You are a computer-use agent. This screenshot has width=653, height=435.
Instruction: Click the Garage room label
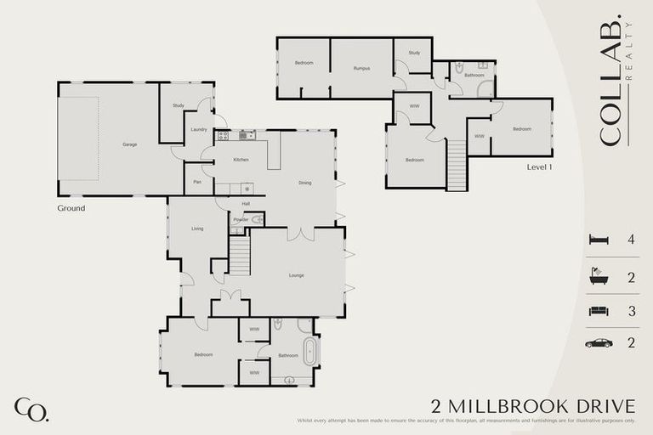click(129, 144)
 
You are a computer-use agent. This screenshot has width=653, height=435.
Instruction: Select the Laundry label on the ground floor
click(199, 129)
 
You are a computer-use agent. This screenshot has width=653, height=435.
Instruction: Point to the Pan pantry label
click(197, 181)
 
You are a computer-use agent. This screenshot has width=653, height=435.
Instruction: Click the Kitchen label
click(241, 160)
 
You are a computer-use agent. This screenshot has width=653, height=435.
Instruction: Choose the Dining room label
click(304, 183)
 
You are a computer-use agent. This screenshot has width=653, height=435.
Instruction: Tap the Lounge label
click(296, 275)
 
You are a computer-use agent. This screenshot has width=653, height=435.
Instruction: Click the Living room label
click(197, 229)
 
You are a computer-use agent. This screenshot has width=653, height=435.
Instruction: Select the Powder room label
click(241, 219)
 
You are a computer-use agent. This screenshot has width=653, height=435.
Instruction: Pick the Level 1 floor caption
click(539, 167)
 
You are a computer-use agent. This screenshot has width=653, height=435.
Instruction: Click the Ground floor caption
click(71, 207)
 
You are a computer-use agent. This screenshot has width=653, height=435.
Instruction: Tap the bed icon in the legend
click(599, 240)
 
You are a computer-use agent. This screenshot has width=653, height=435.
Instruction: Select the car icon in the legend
click(599, 343)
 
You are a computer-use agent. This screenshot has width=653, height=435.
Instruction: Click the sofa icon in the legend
click(599, 311)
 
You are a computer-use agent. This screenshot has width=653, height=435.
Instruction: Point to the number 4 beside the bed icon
click(631, 240)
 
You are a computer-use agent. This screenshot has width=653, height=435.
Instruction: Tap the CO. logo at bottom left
click(31, 410)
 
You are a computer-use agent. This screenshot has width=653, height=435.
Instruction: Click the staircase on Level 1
click(457, 160)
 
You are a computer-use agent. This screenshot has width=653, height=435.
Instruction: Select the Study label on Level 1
click(414, 53)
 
